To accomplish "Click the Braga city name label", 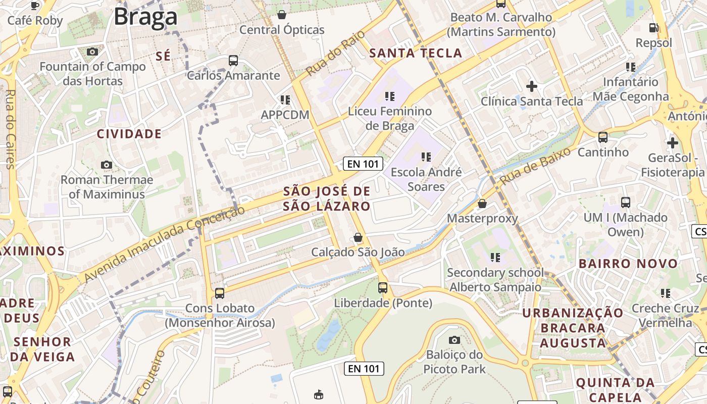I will (145, 17).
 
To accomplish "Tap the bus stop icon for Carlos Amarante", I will (233, 61).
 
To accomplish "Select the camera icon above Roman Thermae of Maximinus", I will (107, 165).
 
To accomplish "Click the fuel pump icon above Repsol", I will (653, 28).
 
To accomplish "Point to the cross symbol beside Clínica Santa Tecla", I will (531, 86).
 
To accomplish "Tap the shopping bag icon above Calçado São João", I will (358, 237).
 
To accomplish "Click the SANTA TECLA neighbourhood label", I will (416, 53).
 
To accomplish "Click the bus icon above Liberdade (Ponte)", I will (383, 288).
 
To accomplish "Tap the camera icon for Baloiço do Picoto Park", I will (454, 340).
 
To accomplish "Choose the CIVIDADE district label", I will (129, 134).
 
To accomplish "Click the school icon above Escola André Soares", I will (426, 157).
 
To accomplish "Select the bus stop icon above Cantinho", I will (602, 137).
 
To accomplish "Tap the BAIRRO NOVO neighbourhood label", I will (628, 264).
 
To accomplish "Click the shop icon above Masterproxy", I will (482, 204).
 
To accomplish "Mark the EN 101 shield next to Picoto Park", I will (364, 369).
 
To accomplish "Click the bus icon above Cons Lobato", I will (219, 293).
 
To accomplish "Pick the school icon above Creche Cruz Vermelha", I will (665, 293).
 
